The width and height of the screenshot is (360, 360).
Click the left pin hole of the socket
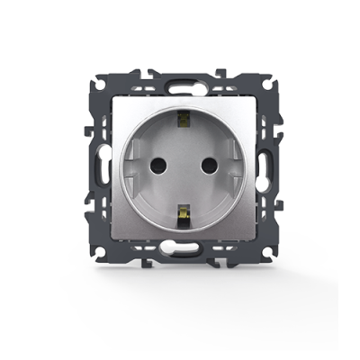pyautogui.click(x=163, y=166)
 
